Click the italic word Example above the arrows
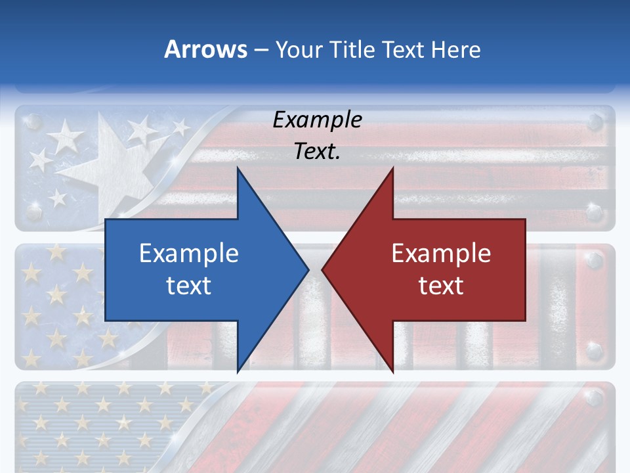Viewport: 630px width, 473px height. [318, 120]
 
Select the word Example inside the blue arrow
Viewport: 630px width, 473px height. [189, 253]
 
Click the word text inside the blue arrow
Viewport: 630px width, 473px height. [189, 285]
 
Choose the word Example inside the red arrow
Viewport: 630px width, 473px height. [441, 253]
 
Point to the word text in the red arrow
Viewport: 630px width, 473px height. [441, 285]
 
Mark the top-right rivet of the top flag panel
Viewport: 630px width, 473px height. [595, 121]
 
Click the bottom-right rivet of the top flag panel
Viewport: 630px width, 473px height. [595, 212]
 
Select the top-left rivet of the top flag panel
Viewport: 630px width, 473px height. [34, 122]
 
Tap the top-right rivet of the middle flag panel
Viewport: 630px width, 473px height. [595, 261]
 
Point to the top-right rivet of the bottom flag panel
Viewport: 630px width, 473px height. [595, 397]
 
